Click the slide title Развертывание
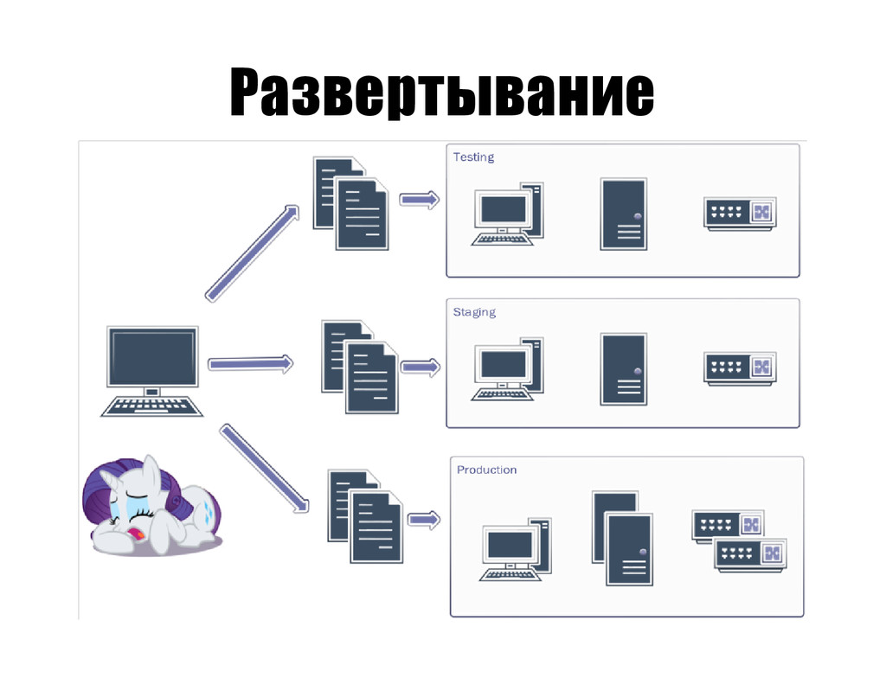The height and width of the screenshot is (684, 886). [x=441, y=93]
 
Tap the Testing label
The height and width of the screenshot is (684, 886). [x=473, y=157]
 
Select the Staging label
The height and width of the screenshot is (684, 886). [x=474, y=312]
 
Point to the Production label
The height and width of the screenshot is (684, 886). [x=486, y=470]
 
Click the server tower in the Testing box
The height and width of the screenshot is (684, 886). [x=624, y=214]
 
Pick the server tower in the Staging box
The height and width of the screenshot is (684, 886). [x=624, y=369]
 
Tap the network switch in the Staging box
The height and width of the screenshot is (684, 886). [x=740, y=368]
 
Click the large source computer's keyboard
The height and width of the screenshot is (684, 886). [x=152, y=405]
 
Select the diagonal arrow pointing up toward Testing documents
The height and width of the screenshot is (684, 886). [x=252, y=253]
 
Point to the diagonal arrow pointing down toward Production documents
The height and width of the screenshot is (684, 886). [x=264, y=467]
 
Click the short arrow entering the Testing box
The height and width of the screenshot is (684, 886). [x=420, y=200]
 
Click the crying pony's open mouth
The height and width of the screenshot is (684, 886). [x=135, y=539]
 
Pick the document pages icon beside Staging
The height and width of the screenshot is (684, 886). [x=359, y=367]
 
